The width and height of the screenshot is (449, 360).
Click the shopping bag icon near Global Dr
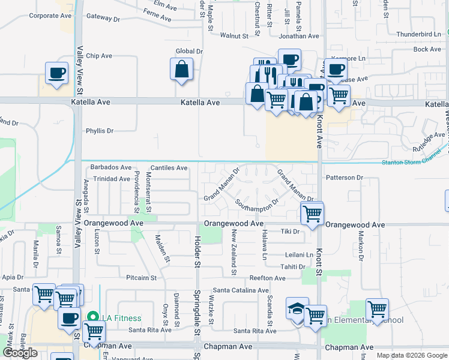(182, 70)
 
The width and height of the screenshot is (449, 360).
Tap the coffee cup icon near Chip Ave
(57, 73)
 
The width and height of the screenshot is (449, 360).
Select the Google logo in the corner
(20, 352)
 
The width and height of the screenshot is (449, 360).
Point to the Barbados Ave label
(111, 167)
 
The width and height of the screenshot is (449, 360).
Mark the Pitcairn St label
(142, 278)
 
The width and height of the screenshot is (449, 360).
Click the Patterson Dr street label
(345, 178)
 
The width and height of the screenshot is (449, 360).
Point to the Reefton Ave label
(268, 278)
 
